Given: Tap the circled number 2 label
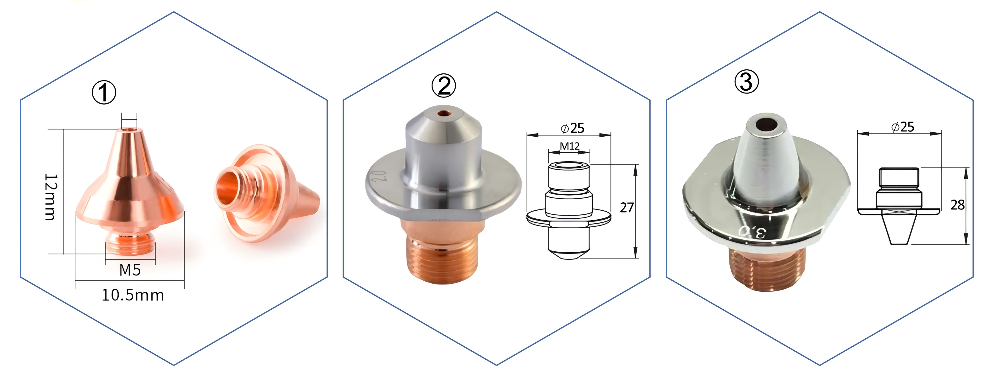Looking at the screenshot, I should [x=444, y=86].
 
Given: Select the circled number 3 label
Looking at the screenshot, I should [x=746, y=82].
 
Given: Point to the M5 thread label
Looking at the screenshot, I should [x=130, y=270].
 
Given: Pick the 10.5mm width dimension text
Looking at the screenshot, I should [x=133, y=295].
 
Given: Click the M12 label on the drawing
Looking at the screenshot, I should [x=570, y=146].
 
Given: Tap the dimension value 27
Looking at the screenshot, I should [x=627, y=208].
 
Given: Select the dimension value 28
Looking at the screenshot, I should [x=957, y=205].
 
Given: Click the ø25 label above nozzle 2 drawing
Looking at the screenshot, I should [x=573, y=128].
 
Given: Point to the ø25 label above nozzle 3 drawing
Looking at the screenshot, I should [x=903, y=127].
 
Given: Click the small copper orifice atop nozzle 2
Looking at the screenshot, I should [x=444, y=114].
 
